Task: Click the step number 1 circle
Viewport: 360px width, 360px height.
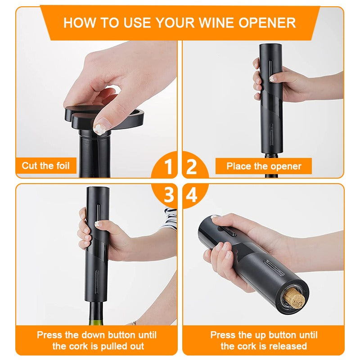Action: (x=168, y=167)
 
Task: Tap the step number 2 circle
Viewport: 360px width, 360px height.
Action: (x=192, y=167)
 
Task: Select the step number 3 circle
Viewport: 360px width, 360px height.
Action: (x=168, y=195)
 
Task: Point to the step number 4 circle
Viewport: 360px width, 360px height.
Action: (x=192, y=195)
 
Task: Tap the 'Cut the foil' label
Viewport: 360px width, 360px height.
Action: (x=46, y=166)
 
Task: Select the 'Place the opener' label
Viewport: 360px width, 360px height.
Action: (x=264, y=166)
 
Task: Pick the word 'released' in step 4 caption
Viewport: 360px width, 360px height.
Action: (x=286, y=346)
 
